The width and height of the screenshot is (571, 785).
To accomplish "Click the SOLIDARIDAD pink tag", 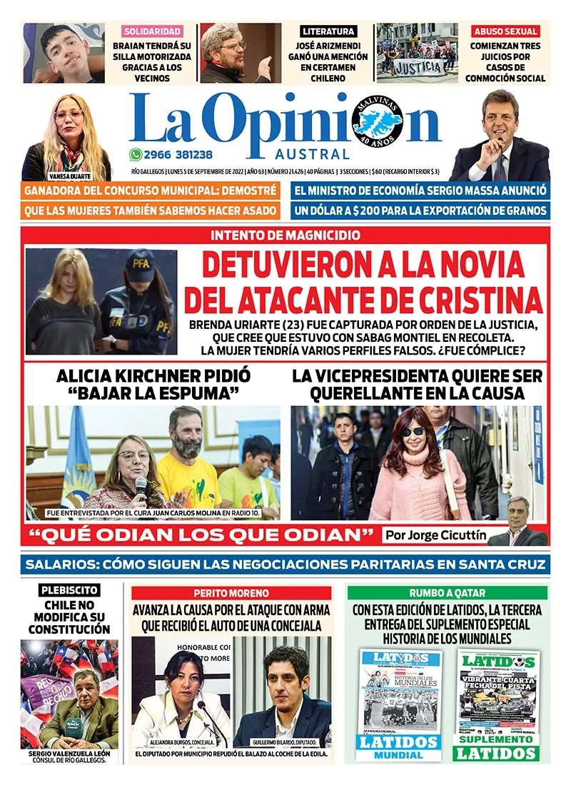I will (x=152, y=31).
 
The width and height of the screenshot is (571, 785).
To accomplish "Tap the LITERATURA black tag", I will (x=328, y=31).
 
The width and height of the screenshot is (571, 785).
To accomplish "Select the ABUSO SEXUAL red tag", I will (x=505, y=31).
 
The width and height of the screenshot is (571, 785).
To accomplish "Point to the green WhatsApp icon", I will (x=136, y=154).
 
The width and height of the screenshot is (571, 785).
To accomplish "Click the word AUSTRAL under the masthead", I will (x=312, y=154).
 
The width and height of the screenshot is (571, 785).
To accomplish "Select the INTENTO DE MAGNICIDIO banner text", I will (x=285, y=235).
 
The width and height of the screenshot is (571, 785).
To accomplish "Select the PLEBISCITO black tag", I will (x=69, y=590).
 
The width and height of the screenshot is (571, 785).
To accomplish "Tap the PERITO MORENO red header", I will (x=231, y=593).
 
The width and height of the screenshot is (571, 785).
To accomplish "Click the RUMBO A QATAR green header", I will (x=448, y=593).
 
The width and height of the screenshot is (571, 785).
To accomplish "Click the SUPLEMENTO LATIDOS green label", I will (x=496, y=747).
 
